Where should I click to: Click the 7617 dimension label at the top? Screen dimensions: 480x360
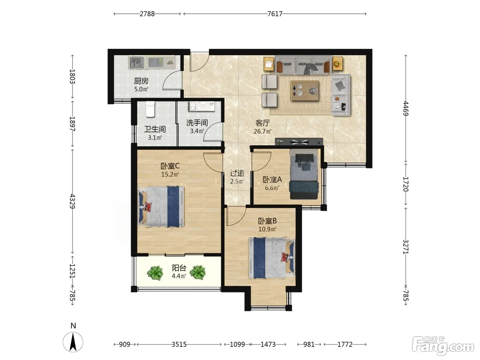coord(275,14)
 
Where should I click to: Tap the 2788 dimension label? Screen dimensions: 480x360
coord(147,14)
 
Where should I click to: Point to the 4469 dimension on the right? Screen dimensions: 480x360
coord(406,108)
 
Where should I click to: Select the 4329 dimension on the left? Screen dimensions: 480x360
coord(72,201)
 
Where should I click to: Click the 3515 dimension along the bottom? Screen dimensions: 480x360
coord(179,345)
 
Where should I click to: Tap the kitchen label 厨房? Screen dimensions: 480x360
coord(141,81)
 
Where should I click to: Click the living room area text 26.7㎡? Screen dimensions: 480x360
coord(262,131)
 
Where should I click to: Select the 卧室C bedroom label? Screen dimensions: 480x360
coord(170,166)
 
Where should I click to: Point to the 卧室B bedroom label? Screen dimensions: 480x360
coord(267,221)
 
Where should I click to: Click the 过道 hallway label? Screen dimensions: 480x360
coord(237,173)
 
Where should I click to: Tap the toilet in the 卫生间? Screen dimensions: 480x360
coord(150,109)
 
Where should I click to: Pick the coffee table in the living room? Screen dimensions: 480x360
coord(304,91)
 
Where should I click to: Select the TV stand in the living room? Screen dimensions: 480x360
coord(299,141)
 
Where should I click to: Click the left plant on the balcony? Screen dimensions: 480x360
coord(155,273)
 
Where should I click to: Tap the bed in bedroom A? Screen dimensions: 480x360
coord(303,174)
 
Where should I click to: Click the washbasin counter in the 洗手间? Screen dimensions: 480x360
coord(202,106)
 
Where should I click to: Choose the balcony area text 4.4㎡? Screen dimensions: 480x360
coord(179,276)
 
